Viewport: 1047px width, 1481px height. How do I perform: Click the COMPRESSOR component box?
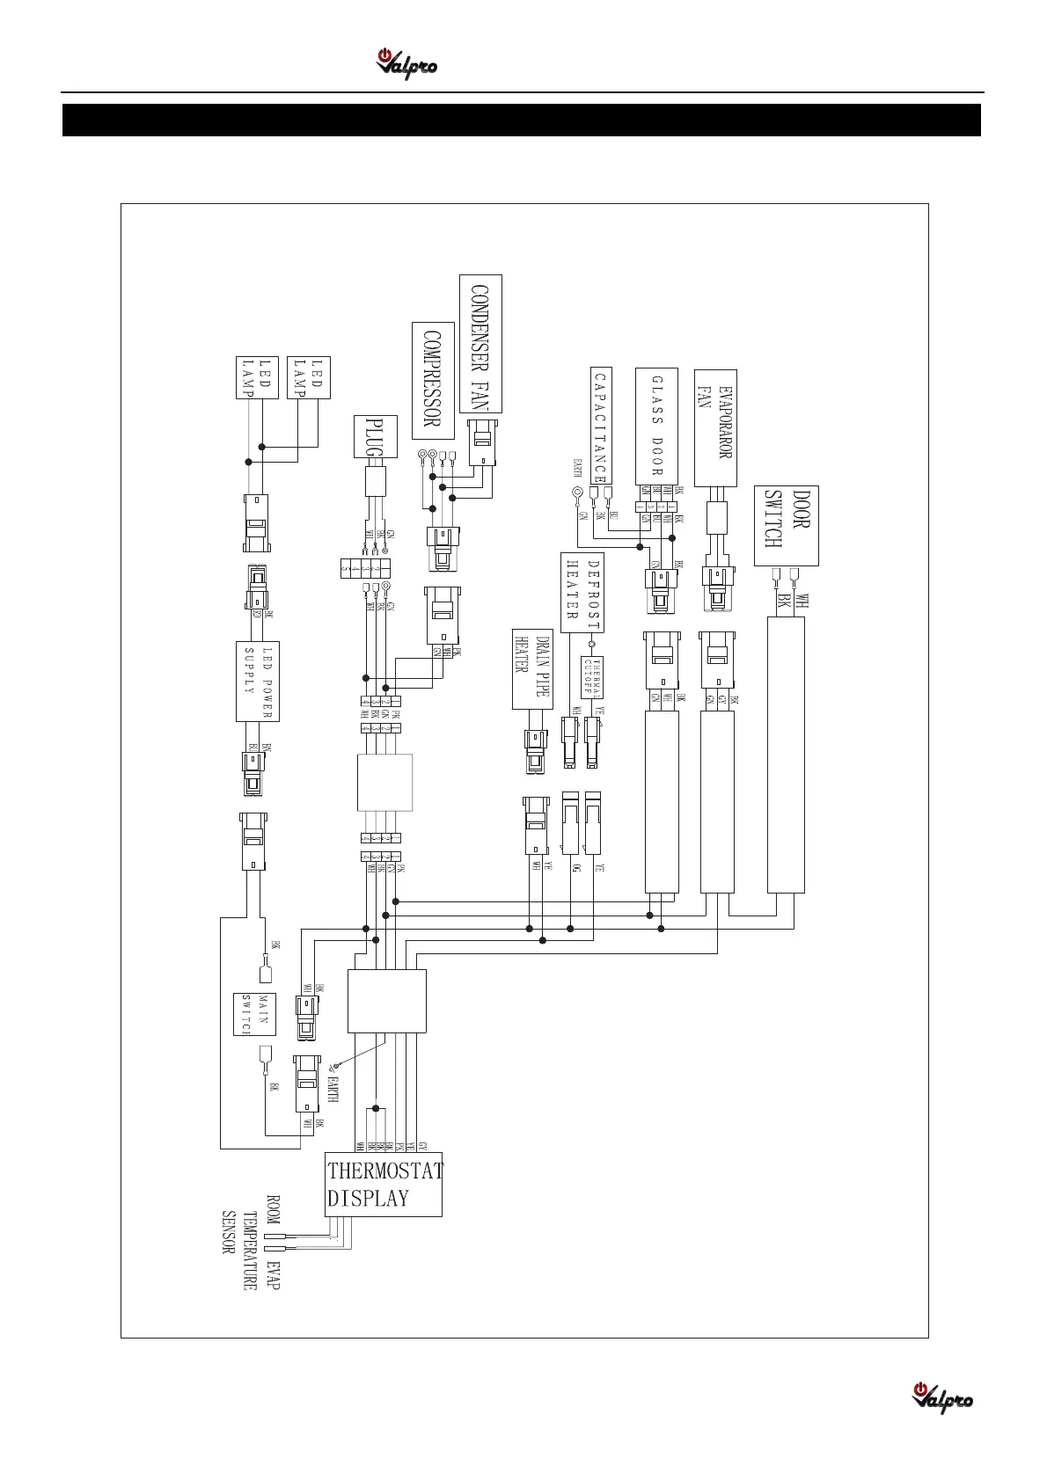point(433,380)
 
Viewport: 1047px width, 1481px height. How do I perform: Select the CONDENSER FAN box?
point(480,343)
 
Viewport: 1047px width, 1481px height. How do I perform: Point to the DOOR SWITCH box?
point(786,525)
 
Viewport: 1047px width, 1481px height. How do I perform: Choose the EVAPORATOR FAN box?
point(715,428)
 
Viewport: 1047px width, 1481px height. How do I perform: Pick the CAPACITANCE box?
point(600,425)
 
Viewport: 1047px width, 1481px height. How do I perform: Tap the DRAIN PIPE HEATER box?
point(531,668)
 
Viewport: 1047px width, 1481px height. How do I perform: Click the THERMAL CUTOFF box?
point(592,677)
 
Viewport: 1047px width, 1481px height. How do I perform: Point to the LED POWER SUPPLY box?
point(257,682)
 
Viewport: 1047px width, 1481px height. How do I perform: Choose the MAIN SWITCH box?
point(254,1014)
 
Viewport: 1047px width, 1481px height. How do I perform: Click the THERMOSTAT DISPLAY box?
point(384,1184)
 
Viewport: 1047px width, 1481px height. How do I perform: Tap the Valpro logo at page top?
point(406,64)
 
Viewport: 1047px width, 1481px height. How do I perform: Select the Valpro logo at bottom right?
point(942,1396)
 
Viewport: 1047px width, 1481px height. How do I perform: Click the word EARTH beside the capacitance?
point(577,466)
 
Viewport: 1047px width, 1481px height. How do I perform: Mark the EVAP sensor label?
point(274,1276)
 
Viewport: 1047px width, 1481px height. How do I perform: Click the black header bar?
point(522,120)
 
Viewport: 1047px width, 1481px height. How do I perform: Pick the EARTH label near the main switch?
point(333,1088)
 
